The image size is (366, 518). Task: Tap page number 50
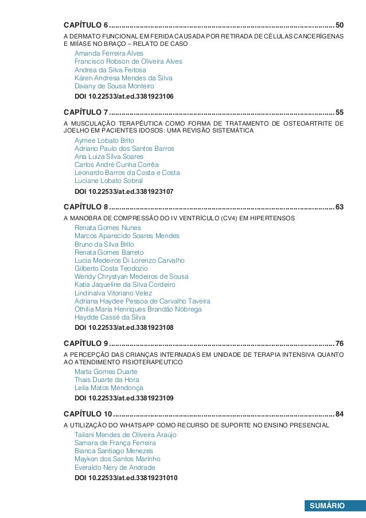340,25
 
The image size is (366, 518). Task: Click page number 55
340,111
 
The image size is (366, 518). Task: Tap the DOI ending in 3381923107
124,192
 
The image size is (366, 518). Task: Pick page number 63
340,207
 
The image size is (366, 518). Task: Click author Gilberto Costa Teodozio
111,268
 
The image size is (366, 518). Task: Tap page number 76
340,343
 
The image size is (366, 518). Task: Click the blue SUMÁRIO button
327,506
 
